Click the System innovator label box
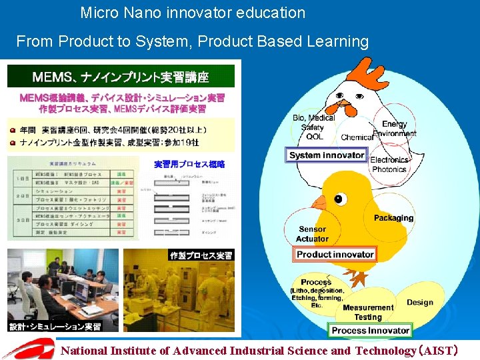(327, 155)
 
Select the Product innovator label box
(335, 254)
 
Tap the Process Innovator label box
(371, 330)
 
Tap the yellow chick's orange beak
(319, 202)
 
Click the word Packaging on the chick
(393, 218)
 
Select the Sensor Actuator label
(312, 234)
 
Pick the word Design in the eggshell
(420, 302)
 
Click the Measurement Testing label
(368, 312)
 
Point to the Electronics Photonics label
(389, 165)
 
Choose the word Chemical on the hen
(357, 137)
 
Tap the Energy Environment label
(395, 129)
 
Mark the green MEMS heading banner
(121, 77)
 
